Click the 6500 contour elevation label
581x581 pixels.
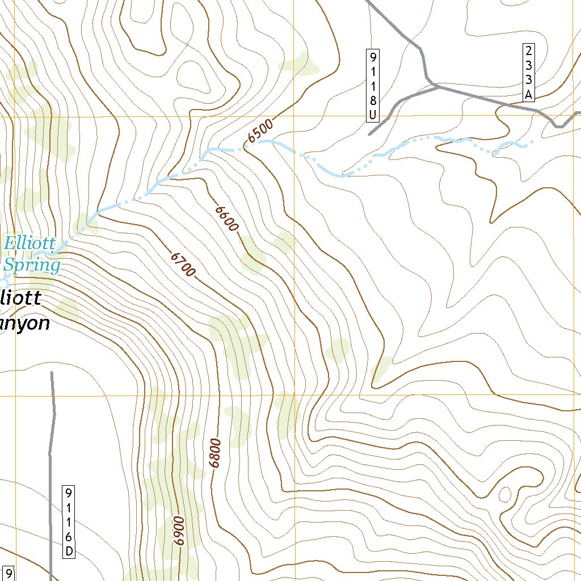pyautogui.click(x=261, y=130)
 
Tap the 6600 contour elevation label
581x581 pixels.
pyautogui.click(x=226, y=218)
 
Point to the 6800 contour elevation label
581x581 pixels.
pyautogui.click(x=214, y=453)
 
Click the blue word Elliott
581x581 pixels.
pyautogui.click(x=30, y=244)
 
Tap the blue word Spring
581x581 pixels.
pyautogui.click(x=32, y=265)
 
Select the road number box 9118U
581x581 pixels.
pyautogui.click(x=373, y=85)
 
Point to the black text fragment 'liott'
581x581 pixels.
pyautogui.click(x=22, y=297)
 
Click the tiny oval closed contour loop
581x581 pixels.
pyautogui.click(x=504, y=494)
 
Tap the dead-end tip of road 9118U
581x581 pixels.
pyautogui.click(x=369, y=135)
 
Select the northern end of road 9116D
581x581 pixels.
pyautogui.click(x=52, y=373)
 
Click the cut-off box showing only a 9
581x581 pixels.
pyautogui.click(x=9, y=573)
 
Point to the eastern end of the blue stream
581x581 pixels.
pyautogui.click(x=532, y=142)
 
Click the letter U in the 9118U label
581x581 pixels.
pyautogui.click(x=373, y=115)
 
